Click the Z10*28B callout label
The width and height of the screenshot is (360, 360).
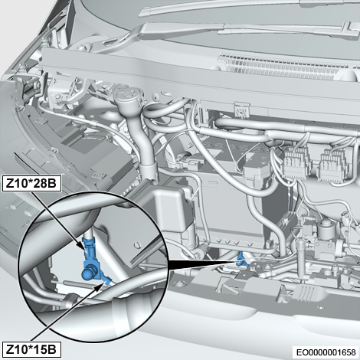pos(31,183)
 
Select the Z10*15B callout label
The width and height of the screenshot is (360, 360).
pos(31,349)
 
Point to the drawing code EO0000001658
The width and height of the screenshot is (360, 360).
pos(326,352)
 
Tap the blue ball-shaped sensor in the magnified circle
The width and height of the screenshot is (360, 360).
pos(88,273)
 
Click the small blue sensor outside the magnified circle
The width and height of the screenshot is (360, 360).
pos(241,260)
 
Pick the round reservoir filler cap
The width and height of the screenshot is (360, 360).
pos(127,97)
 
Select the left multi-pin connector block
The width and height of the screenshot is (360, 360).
pos(296,164)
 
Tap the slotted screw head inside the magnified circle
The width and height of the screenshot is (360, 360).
pos(138,244)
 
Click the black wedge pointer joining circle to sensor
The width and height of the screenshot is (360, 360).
pos(201,264)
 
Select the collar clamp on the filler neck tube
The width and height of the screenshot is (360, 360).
pos(149,170)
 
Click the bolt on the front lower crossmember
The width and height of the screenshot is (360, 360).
pos(182,284)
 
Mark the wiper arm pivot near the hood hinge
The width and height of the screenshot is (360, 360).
pos(82,47)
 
